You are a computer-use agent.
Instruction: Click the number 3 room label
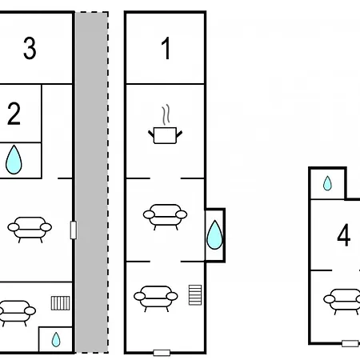click(x=30, y=48)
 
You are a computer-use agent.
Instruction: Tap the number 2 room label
click(x=14, y=114)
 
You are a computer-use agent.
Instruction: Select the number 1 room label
click(x=166, y=48)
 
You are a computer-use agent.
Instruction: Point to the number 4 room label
click(x=344, y=235)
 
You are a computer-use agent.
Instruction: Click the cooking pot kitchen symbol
click(x=165, y=135)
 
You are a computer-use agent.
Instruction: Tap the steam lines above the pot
click(x=166, y=114)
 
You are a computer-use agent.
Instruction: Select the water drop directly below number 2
click(x=14, y=160)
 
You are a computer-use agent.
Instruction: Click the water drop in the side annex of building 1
click(x=214, y=235)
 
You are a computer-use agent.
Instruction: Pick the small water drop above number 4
click(x=327, y=183)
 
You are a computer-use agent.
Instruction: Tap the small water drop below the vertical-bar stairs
click(x=56, y=339)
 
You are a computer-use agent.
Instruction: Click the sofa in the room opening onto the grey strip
click(x=30, y=230)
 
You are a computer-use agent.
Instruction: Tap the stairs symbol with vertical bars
click(x=61, y=303)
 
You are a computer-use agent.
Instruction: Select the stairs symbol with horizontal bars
click(x=195, y=295)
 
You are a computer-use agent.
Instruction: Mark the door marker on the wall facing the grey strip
click(x=74, y=230)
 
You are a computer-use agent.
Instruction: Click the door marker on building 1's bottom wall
click(x=162, y=353)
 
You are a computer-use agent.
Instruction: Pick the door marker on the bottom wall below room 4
click(x=350, y=343)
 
